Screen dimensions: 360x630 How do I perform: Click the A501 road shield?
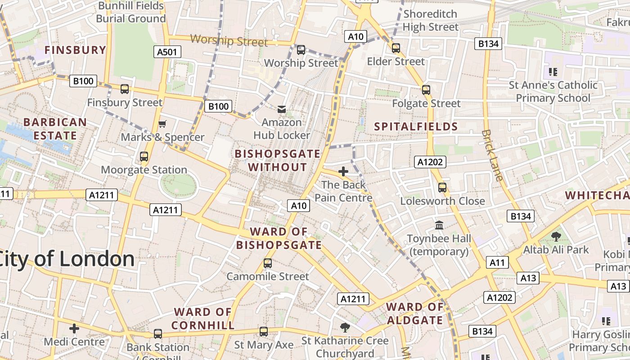pos(167,52)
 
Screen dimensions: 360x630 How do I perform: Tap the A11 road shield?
pos(497,262)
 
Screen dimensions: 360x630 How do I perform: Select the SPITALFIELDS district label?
pos(416,126)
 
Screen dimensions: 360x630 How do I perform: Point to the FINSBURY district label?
pos(75,50)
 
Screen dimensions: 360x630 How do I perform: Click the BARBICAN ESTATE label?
pos(55,129)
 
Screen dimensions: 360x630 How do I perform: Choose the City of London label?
pos(67,259)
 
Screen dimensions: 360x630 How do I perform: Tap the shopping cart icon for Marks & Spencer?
pos(162,124)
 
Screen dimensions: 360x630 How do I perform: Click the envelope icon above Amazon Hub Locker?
pos(282,109)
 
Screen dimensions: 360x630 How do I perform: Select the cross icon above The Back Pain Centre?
pos(343,171)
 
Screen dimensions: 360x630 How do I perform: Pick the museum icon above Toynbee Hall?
pos(439,225)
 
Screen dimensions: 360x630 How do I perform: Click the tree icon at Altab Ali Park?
pos(556,236)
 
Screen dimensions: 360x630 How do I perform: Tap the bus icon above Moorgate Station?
pos(144,157)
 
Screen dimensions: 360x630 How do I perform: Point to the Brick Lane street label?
pos(491,155)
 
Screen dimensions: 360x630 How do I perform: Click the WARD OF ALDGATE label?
pos(415,314)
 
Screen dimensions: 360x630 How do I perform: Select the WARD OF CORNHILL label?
pos(203,318)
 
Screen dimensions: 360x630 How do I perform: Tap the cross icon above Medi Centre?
pos(74,328)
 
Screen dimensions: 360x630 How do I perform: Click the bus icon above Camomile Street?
pos(268,263)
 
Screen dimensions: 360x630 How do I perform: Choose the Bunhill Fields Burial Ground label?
pos(131,12)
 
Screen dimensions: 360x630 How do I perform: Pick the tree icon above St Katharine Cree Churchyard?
pos(345,327)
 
